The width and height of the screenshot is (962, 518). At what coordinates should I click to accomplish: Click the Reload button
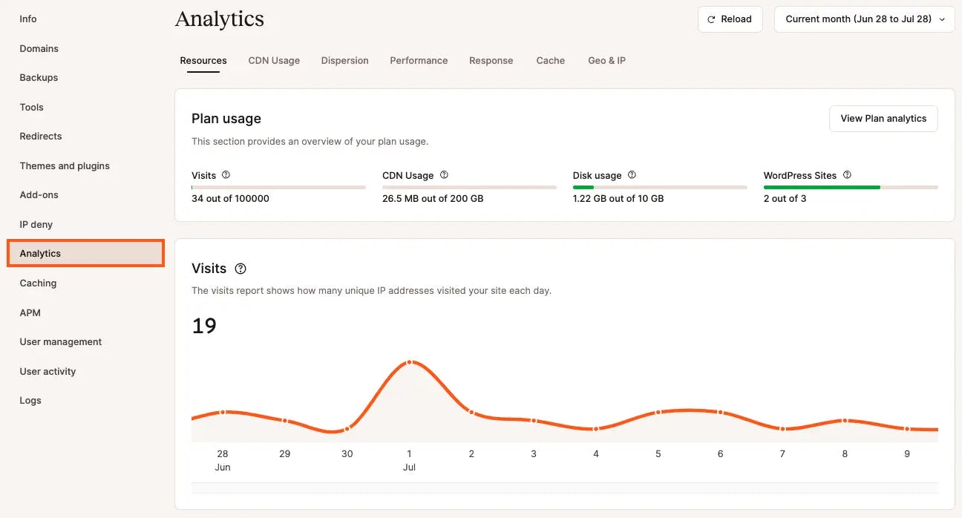pyautogui.click(x=730, y=19)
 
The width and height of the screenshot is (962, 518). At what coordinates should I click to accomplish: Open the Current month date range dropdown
pyautogui.click(x=864, y=19)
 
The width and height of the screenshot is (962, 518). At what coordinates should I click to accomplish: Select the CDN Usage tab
pyautogui.click(x=274, y=61)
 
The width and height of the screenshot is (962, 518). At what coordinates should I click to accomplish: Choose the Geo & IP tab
pyautogui.click(x=606, y=61)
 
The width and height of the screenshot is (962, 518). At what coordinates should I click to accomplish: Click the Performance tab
pyautogui.click(x=419, y=61)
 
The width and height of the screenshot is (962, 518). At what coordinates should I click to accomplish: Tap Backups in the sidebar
pyautogui.click(x=39, y=78)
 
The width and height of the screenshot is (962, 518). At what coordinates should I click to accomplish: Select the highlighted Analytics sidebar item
pyautogui.click(x=85, y=254)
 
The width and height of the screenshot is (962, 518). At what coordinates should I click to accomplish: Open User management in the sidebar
pyautogui.click(x=61, y=342)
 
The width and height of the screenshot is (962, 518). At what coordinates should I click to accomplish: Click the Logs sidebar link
pyautogui.click(x=30, y=401)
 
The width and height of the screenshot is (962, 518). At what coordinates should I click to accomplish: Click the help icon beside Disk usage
pyautogui.click(x=632, y=175)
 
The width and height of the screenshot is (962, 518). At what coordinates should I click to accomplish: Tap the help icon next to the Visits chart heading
pyautogui.click(x=240, y=269)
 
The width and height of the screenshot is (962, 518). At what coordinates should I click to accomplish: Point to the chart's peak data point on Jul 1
pyautogui.click(x=409, y=362)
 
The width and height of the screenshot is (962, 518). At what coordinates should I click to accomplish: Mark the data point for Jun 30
pyautogui.click(x=347, y=429)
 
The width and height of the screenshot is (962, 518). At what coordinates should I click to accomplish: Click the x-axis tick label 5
pyautogui.click(x=658, y=453)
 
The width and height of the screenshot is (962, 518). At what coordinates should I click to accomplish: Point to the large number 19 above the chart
pyautogui.click(x=204, y=326)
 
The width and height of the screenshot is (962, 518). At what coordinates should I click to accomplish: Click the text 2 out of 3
pyautogui.click(x=785, y=199)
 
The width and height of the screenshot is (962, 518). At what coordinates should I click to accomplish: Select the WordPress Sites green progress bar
pyautogui.click(x=822, y=187)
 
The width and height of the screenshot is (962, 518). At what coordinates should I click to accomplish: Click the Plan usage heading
pyautogui.click(x=226, y=119)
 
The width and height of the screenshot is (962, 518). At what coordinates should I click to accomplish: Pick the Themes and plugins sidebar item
pyautogui.click(x=65, y=166)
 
